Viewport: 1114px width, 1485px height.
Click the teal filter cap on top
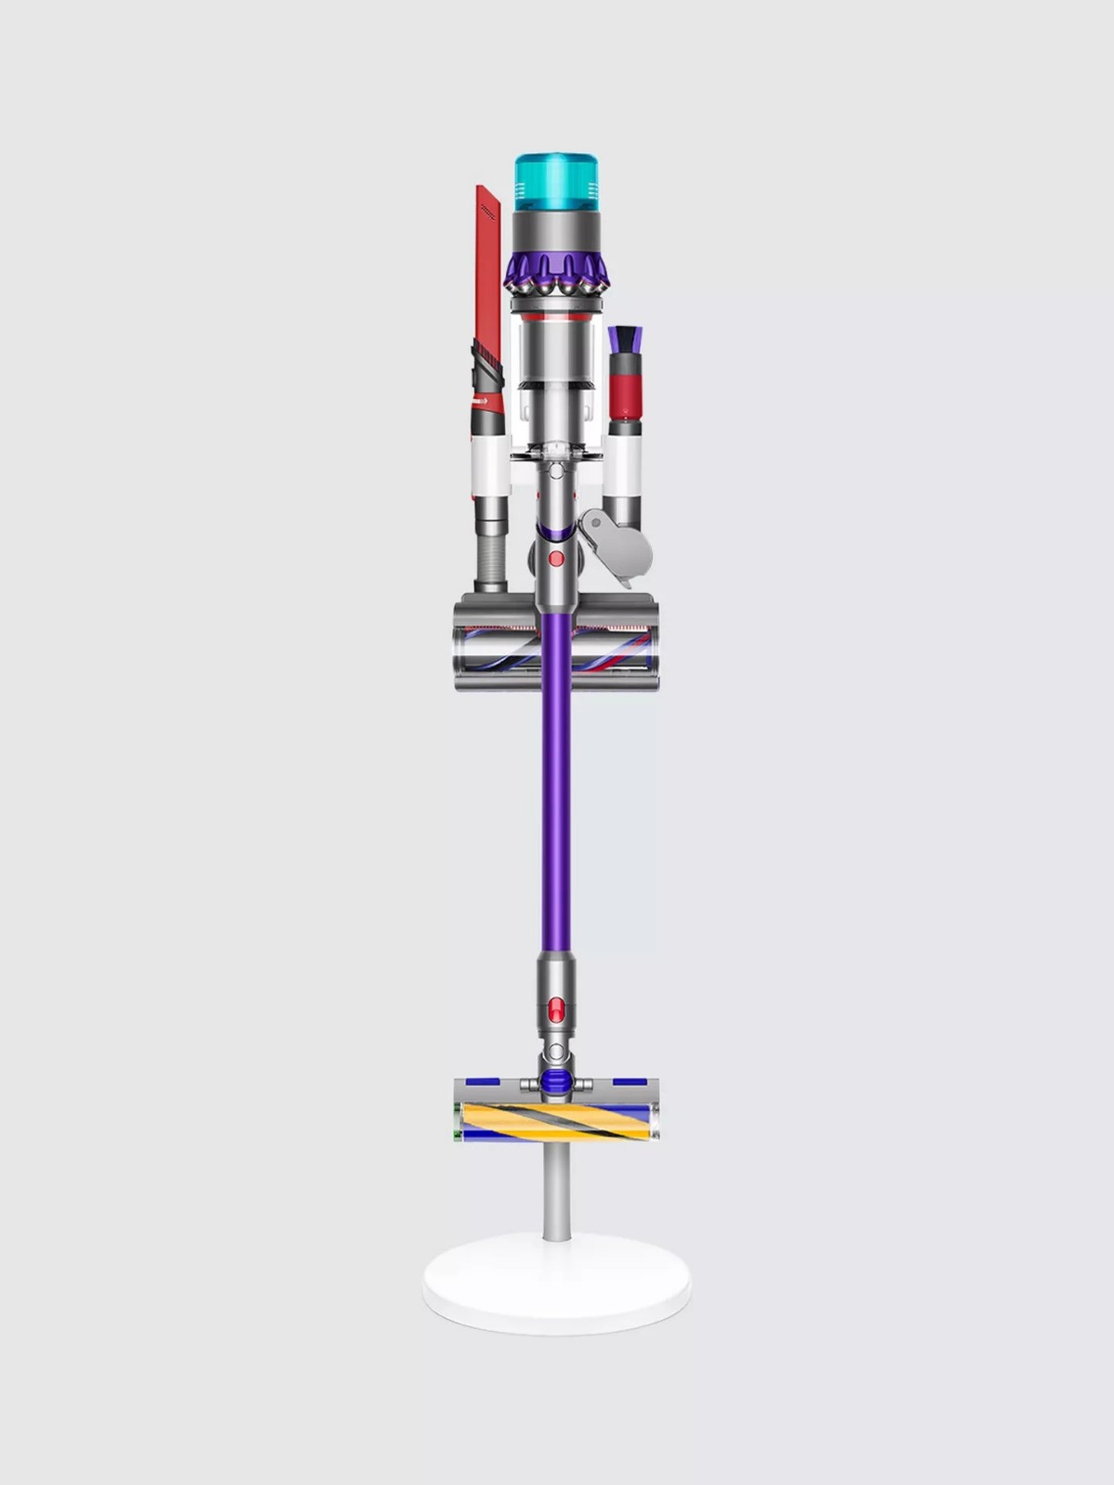(556, 183)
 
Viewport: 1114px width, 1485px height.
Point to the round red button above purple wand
(555, 558)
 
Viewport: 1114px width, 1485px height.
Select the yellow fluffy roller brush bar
(557, 1120)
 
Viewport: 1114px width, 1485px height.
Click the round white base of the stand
(557, 1282)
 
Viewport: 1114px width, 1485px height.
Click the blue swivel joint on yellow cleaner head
(555, 1079)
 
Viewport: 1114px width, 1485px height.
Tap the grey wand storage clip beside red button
(614, 547)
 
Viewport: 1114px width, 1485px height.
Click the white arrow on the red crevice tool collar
(481, 401)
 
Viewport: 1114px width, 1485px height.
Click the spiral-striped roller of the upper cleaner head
(557, 646)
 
